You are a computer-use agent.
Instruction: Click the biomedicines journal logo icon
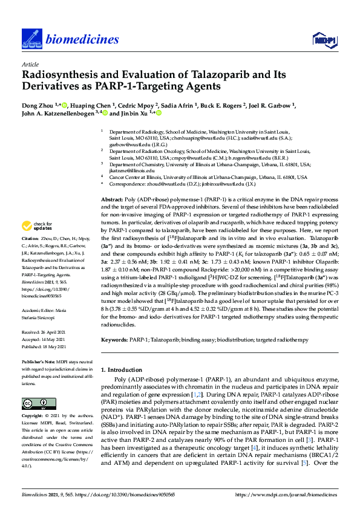coord(30,39)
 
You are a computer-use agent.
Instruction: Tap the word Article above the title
coord(30,63)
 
